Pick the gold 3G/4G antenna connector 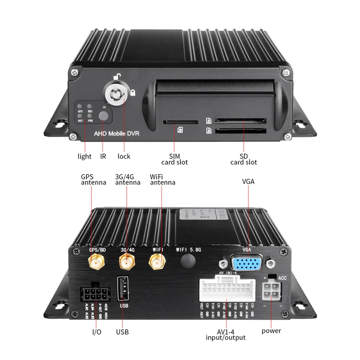126,261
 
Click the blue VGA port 246,263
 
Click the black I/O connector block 95,294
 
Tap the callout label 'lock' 124,156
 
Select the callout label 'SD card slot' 244,159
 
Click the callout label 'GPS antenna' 93,180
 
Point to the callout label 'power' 271,331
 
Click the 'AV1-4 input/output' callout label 225,334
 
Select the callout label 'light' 84,156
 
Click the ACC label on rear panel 283,278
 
